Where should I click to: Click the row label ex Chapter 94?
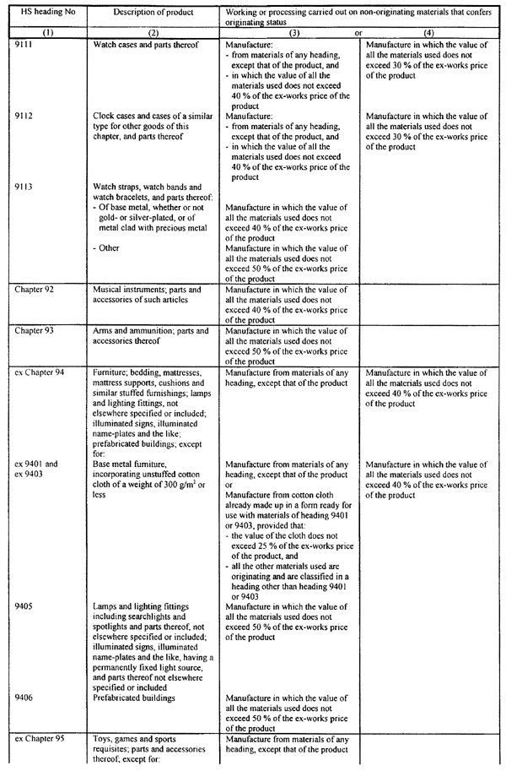click(37, 372)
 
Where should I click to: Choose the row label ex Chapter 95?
click(37, 740)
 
